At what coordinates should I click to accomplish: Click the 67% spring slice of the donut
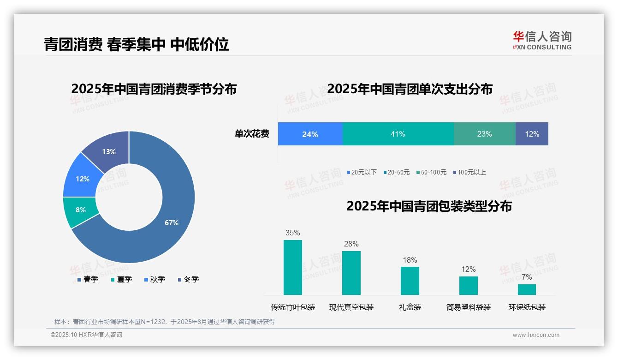172,223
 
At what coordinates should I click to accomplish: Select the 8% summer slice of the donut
81,210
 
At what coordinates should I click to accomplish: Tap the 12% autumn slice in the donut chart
83,179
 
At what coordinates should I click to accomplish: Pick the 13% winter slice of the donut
109,151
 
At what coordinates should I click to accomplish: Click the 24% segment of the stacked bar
310,134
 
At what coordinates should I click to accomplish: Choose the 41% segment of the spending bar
398,134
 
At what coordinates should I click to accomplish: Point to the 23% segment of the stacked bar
484,134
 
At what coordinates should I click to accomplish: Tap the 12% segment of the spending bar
532,134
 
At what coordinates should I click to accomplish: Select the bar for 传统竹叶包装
293,267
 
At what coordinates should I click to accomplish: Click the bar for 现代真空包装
351,273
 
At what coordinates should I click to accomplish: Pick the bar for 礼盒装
410,281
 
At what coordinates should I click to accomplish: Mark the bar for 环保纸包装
527,289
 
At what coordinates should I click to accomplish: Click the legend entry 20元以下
362,173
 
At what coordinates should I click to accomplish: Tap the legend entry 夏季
122,280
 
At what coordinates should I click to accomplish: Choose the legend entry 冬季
189,280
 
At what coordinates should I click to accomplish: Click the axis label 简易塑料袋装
469,307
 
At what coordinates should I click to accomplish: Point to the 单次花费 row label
252,134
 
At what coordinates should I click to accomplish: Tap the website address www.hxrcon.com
536,335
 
